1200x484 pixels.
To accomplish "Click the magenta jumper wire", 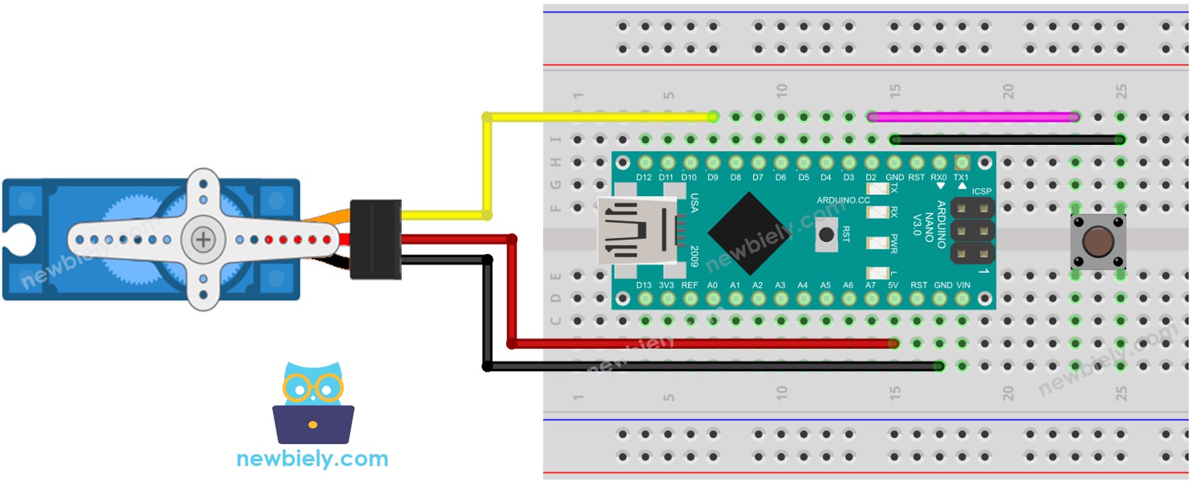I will (973, 117).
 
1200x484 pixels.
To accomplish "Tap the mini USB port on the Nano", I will (631, 233).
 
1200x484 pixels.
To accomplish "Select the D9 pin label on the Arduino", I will (713, 178).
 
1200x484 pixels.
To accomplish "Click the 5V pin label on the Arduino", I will (893, 285).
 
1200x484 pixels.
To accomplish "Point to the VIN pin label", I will (963, 285).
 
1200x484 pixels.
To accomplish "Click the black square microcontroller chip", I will (749, 233).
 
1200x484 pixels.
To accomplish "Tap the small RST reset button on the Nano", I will (826, 235).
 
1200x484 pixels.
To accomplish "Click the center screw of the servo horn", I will (203, 239).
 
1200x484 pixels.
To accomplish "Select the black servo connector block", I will (375, 239).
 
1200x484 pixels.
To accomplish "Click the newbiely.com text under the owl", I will (312, 459).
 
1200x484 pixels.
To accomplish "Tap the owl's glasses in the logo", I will (313, 388).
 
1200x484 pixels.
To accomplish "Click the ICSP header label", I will (982, 191).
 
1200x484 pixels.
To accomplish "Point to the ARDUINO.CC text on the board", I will (843, 200).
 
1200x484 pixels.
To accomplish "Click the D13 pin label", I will (643, 285).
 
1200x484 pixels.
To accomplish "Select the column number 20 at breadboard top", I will (1008, 91).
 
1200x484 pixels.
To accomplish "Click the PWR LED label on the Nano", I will (894, 243).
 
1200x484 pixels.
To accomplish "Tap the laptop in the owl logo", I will (313, 424).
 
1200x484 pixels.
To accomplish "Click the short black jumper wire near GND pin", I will (1007, 140).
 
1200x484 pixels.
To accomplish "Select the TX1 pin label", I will (961, 178).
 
